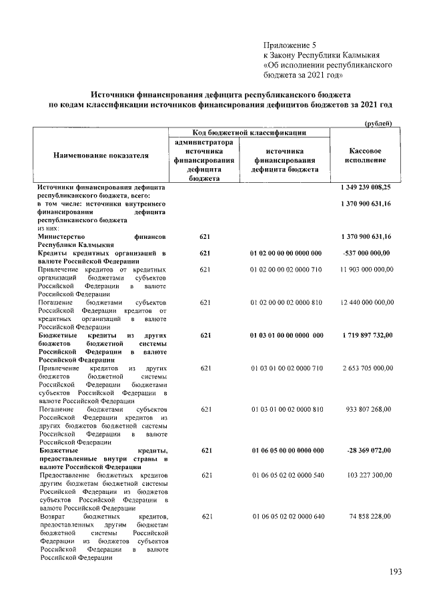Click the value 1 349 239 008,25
[366, 189]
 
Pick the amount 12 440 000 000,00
[366, 303]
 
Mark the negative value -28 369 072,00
[369, 451]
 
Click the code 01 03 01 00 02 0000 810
[286, 408]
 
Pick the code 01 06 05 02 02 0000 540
[286, 475]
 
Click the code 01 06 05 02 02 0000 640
[286, 517]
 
